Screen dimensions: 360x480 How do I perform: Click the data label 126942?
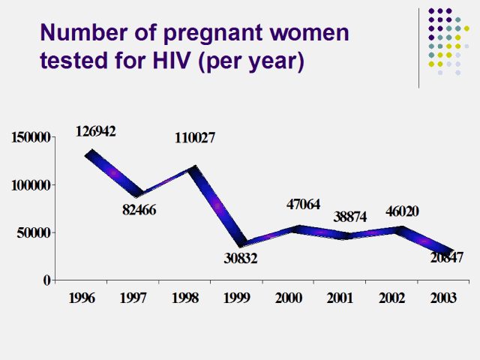(x=95, y=131)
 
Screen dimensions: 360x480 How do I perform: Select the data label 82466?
(x=139, y=209)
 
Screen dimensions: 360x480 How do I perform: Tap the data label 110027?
(x=196, y=138)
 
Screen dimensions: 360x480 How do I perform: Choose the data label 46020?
(x=398, y=211)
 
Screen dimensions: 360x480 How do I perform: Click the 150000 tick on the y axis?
(x=30, y=137)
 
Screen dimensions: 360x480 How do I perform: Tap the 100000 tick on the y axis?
(x=30, y=184)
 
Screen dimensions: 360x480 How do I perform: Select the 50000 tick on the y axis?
(x=33, y=232)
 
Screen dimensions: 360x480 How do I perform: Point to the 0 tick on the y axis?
(x=46, y=280)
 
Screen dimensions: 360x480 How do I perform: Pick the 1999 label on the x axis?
(x=237, y=297)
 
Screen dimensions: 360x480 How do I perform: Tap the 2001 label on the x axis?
(x=340, y=297)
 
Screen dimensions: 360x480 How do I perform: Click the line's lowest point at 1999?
(x=239, y=244)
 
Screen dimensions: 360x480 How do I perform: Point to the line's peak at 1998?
(x=193, y=169)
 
